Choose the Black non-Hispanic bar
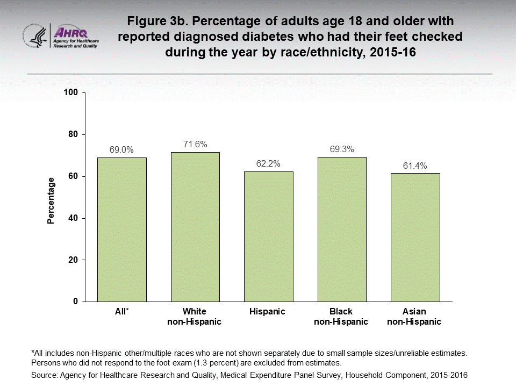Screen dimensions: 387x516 pyautogui.click(x=341, y=229)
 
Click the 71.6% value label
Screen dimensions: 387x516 pyautogui.click(x=195, y=144)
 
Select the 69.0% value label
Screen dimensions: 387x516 pyautogui.click(x=121, y=149)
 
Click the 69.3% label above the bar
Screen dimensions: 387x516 pyautogui.click(x=341, y=149)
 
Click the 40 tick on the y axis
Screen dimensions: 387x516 pyautogui.click(x=75, y=218)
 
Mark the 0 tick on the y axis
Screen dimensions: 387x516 pyautogui.click(x=77, y=302)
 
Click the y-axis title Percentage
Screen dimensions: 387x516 pyautogui.click(x=51, y=200)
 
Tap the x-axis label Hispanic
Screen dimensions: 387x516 pyautogui.click(x=268, y=312)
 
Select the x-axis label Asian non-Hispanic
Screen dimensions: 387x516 pyautogui.click(x=414, y=317)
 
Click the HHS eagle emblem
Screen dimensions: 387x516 pyautogui.click(x=35, y=36)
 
